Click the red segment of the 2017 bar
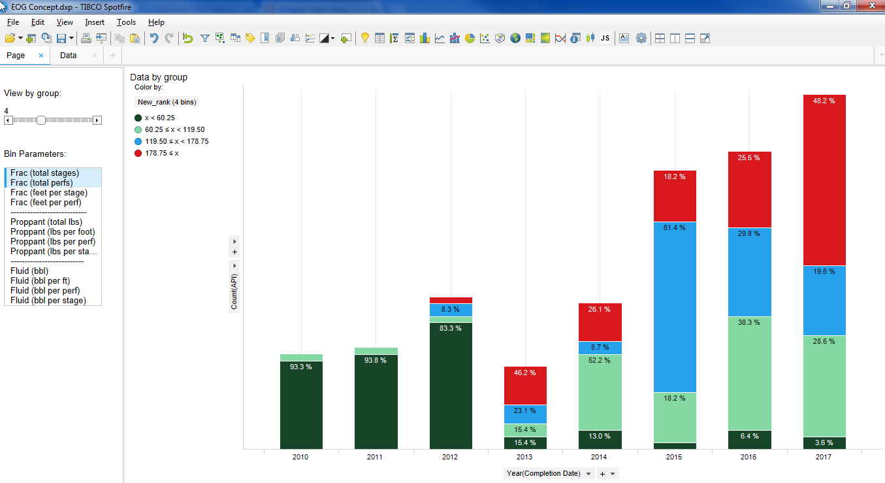(824, 180)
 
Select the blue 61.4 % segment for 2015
(675, 307)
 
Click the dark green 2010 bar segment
(301, 405)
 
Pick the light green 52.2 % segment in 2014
(600, 392)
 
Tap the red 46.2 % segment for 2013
(525, 386)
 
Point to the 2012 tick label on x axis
(449, 458)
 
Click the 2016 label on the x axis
(748, 458)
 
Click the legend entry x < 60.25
(159, 118)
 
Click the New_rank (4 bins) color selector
(167, 102)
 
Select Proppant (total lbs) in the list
(46, 222)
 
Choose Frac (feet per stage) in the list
(49, 193)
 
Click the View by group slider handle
(41, 120)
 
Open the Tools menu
(126, 22)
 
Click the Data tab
(69, 56)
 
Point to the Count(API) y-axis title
(234, 291)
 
